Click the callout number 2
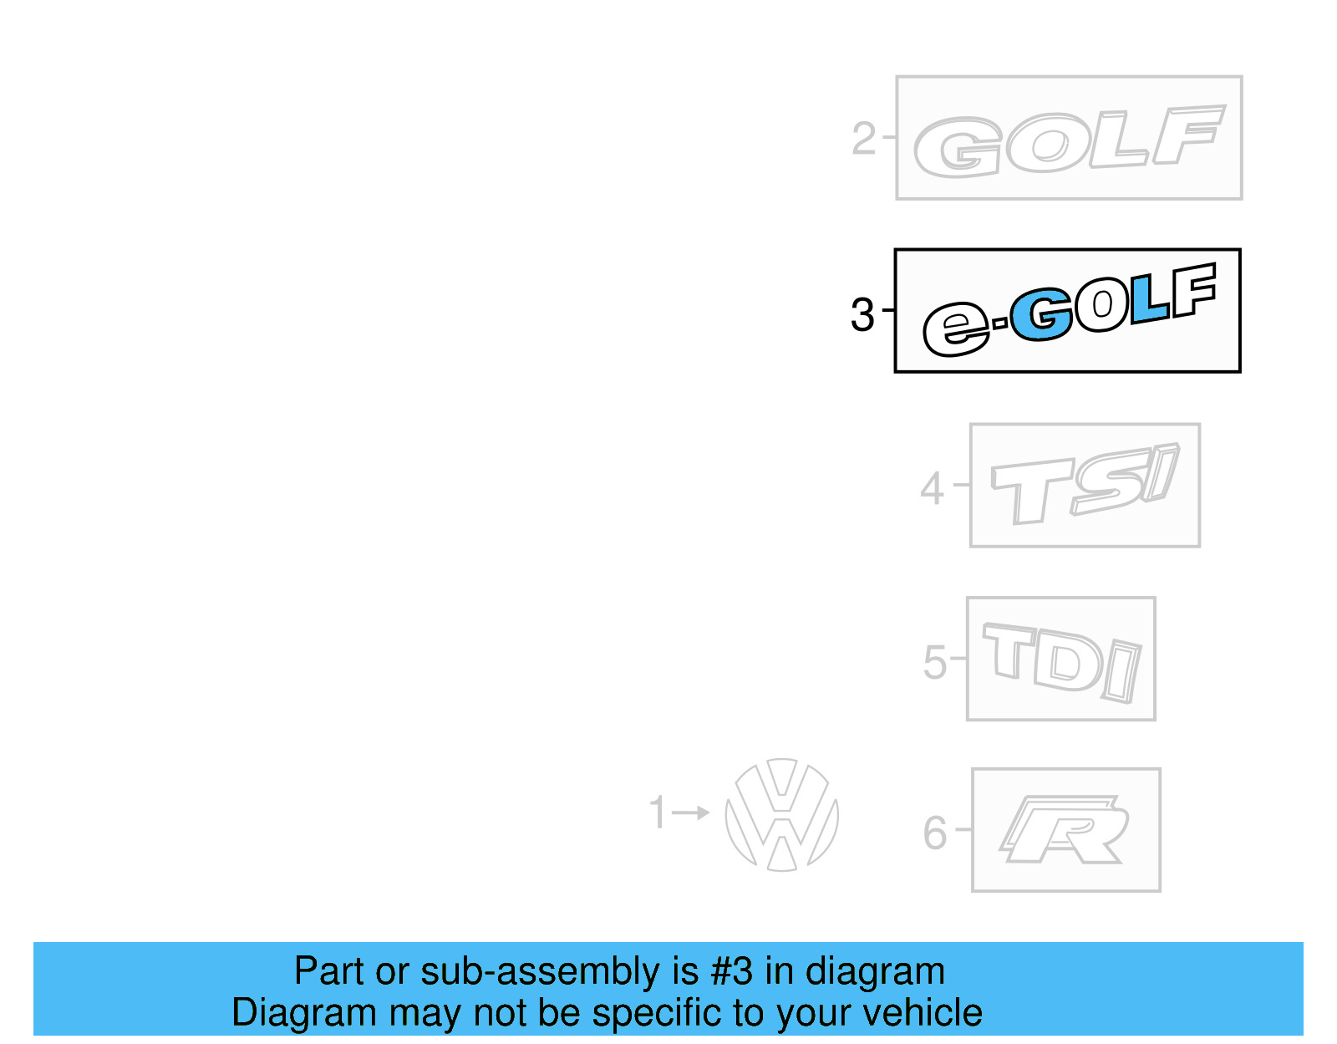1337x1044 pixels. coord(864,139)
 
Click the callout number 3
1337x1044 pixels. coord(862,315)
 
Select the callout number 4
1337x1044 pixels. coord(932,488)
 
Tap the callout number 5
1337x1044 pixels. coord(935,663)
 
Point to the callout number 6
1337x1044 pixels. coord(935,833)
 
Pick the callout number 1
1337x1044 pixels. coord(658,812)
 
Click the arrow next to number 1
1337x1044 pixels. coord(690,812)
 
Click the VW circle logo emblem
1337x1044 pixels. coord(781,815)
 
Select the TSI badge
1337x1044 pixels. coord(1085,485)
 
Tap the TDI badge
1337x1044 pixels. coord(1061,660)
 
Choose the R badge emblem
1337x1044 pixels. coord(1065,830)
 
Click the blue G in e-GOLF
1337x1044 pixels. coord(1041,316)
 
